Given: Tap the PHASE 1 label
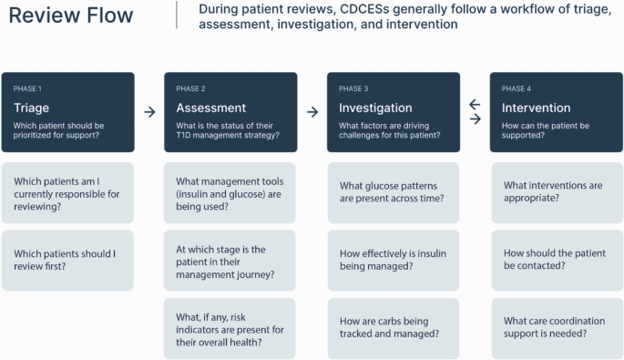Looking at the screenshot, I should tap(27, 88).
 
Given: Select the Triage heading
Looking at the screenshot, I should tap(32, 108).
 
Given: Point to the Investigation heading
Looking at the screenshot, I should tap(375, 108).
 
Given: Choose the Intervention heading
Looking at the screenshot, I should tap(537, 108).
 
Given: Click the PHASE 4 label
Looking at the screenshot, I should tap(516, 88).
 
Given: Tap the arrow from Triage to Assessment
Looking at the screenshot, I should tap(149, 111).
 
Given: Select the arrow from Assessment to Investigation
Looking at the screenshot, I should tap(312, 111).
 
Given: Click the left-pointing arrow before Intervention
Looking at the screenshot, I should tap(475, 105).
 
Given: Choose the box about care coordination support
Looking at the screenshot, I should tap(556, 327).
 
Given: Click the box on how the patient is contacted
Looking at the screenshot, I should tap(556, 260).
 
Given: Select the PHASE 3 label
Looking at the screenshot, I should tap(353, 88).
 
